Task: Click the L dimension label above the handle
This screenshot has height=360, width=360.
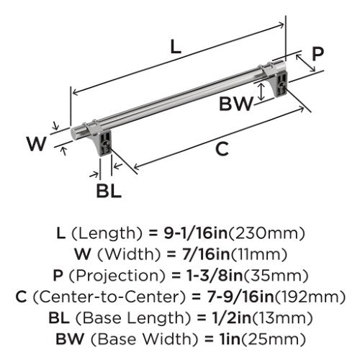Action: (176, 47)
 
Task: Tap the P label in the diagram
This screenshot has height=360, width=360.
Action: (318, 54)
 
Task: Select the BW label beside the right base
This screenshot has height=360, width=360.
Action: (236, 104)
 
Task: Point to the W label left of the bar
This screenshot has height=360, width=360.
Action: (36, 143)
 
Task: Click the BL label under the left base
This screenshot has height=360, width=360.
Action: (109, 191)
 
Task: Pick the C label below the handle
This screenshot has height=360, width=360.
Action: (222, 149)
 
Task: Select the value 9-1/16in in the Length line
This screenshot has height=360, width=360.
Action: (196, 233)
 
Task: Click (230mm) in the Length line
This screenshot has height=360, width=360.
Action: (266, 233)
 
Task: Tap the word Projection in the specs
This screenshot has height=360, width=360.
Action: (117, 276)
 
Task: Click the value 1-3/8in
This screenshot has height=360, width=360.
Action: (215, 275)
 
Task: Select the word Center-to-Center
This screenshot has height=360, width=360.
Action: (109, 297)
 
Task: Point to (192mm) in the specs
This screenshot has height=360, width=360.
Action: (310, 297)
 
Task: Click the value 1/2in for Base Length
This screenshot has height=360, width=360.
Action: (231, 318)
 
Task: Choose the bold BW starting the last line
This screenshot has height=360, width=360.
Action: (70, 339)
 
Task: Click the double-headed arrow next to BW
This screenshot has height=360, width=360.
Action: (261, 91)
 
